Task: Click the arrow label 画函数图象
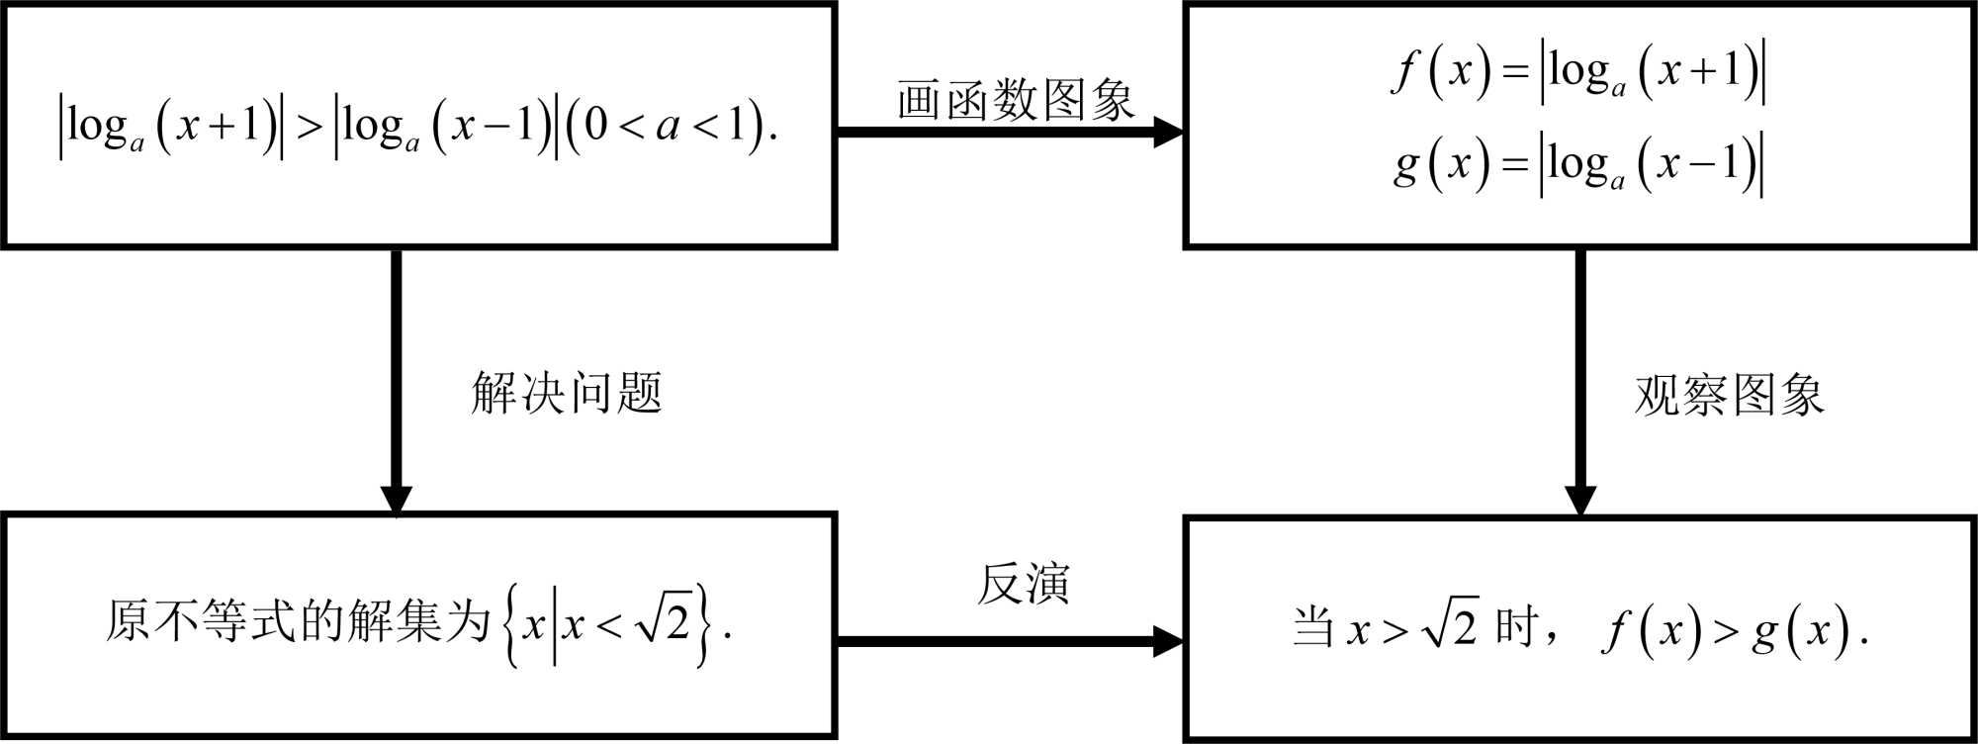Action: (x=1015, y=100)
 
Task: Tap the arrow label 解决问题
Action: (x=567, y=393)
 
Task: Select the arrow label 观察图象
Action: (x=1729, y=395)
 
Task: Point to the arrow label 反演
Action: (x=1023, y=584)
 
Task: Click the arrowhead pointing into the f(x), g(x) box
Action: (x=1168, y=132)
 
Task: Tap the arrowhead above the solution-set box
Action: (x=397, y=501)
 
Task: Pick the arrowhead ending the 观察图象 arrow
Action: (x=1579, y=501)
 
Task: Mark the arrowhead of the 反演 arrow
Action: (x=1168, y=641)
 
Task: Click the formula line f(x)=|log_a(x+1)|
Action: (x=1578, y=72)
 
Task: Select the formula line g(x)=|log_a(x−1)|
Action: (x=1578, y=164)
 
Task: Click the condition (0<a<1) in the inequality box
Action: (x=665, y=127)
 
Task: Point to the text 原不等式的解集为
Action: (x=298, y=622)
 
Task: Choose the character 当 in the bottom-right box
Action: (x=1313, y=627)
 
